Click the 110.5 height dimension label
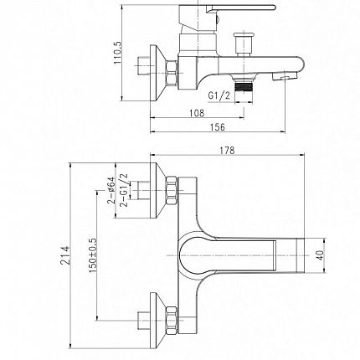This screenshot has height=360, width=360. (118, 53)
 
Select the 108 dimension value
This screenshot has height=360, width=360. (197, 113)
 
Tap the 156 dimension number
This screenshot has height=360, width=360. (217, 127)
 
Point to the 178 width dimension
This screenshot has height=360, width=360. (227, 151)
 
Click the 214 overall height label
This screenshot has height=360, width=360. (65, 255)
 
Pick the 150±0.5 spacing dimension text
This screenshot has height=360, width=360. (93, 255)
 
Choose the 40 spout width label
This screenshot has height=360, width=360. (321, 255)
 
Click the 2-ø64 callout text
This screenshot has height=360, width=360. (111, 190)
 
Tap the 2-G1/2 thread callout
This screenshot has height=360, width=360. (123, 190)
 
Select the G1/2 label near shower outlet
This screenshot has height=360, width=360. (219, 95)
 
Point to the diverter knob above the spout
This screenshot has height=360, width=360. (244, 44)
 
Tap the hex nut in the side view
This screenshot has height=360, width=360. (172, 73)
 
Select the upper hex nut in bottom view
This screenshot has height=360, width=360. (172, 191)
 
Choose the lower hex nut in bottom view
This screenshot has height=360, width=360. (172, 320)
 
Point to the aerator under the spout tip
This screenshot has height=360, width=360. (285, 76)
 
